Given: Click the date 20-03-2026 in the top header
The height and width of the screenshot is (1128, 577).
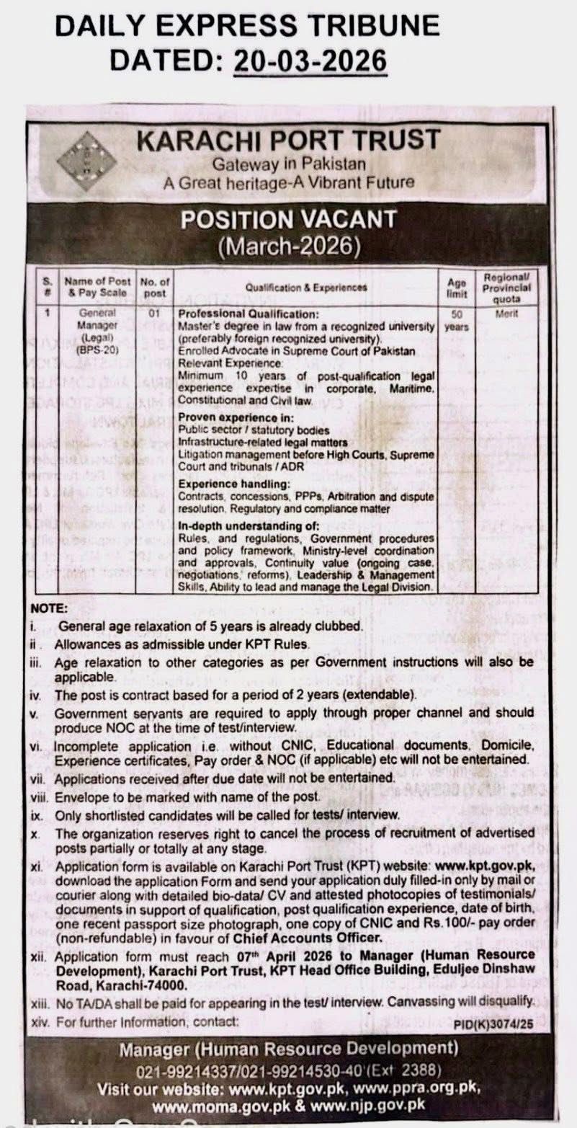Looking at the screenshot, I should click(310, 58).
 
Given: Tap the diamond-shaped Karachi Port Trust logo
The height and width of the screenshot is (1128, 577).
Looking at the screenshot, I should click(86, 160).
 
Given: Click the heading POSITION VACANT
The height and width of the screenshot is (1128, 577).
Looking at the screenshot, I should click(288, 219).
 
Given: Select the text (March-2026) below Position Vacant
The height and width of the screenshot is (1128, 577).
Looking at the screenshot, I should click(288, 247).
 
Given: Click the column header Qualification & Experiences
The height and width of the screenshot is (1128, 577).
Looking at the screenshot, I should click(306, 287).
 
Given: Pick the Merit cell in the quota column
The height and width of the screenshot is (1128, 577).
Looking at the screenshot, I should click(507, 314).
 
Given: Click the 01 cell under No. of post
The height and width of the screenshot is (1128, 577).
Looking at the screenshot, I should click(153, 314).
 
